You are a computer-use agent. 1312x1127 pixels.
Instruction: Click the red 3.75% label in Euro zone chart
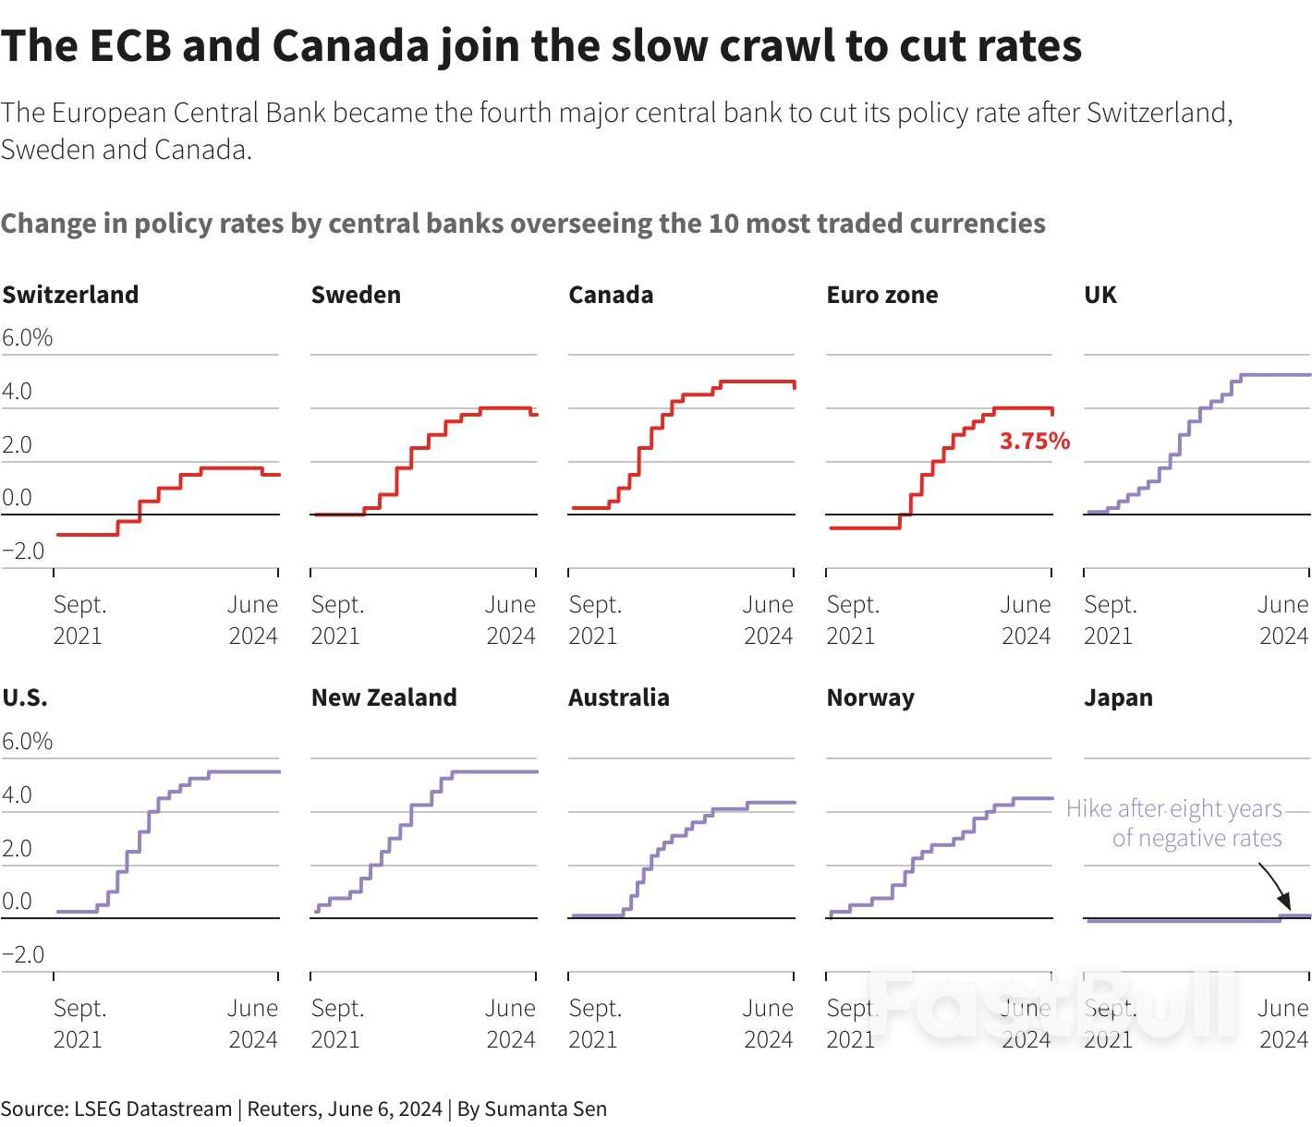(x=1034, y=442)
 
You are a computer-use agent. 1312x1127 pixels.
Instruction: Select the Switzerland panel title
(x=70, y=295)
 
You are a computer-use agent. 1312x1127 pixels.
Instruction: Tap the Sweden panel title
(x=356, y=295)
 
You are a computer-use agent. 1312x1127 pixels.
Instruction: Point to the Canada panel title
(x=611, y=295)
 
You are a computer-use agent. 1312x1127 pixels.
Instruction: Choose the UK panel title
(x=1099, y=295)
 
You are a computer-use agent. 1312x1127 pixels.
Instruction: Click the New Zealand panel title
(x=383, y=697)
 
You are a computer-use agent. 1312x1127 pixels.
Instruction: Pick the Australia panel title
(x=618, y=697)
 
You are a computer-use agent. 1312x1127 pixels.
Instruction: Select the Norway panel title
(x=870, y=697)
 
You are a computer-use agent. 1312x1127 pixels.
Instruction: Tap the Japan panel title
(x=1118, y=697)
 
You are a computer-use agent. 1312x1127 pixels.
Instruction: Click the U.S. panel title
(x=25, y=697)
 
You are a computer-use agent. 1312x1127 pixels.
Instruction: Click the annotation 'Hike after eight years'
(x=1173, y=809)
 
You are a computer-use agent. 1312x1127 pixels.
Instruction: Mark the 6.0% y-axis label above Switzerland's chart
(x=27, y=338)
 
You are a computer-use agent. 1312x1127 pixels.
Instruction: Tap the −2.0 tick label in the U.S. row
(x=23, y=954)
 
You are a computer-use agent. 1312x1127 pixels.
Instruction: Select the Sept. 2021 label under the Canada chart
(x=595, y=620)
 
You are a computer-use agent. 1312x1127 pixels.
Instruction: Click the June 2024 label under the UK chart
(x=1282, y=620)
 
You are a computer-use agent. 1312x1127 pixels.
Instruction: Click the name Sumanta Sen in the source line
(x=545, y=1109)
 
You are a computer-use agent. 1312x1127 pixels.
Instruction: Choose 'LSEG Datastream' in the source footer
(x=152, y=1109)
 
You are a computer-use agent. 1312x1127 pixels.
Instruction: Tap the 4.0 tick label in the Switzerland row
(x=17, y=392)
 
